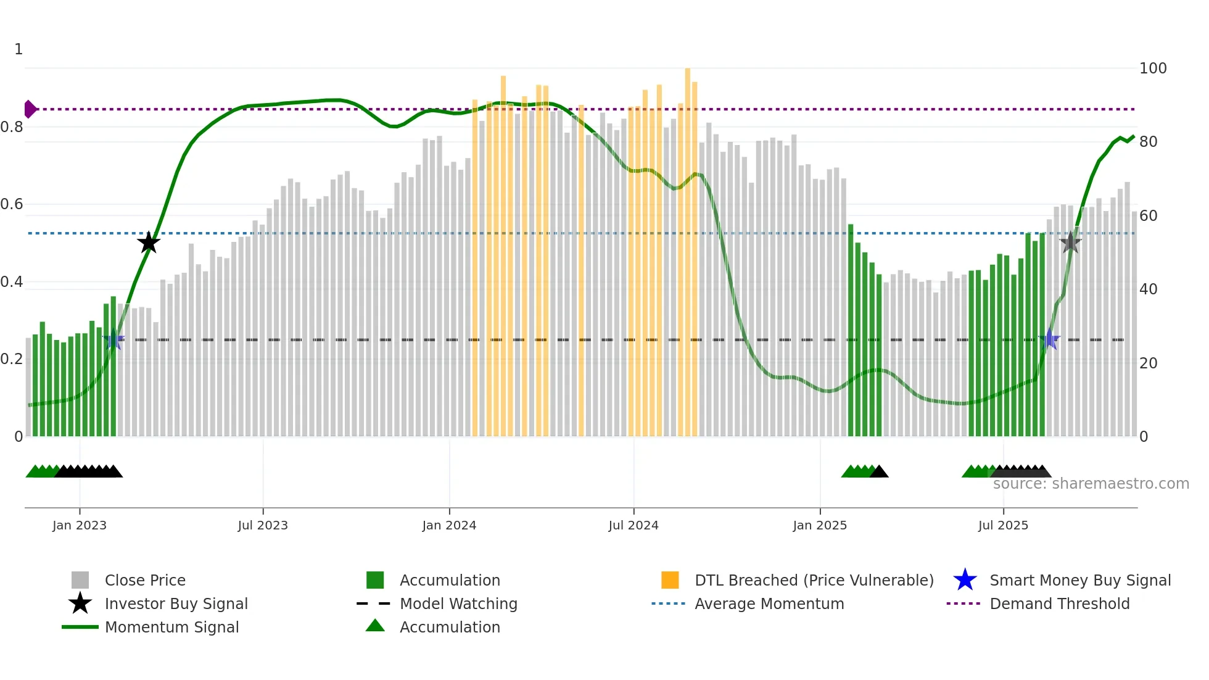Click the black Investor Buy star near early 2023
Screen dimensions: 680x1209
click(149, 243)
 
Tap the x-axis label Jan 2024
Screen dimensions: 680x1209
click(449, 525)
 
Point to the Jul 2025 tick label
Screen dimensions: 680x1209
click(1003, 525)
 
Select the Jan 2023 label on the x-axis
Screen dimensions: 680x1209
click(80, 525)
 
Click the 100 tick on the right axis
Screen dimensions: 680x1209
click(1152, 68)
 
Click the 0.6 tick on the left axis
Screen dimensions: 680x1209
click(12, 204)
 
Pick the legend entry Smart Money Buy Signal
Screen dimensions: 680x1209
click(1079, 580)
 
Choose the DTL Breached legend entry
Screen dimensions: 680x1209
click(814, 580)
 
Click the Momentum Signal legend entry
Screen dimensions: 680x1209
click(171, 627)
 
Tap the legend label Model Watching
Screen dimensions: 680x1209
click(458, 603)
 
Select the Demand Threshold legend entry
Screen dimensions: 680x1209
click(1059, 603)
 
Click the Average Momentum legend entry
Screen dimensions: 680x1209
click(769, 603)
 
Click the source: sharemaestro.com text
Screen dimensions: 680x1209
click(1091, 484)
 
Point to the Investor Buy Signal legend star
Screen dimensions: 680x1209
click(80, 603)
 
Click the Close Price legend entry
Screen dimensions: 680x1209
click(145, 580)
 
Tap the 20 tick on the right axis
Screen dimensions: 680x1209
click(1148, 363)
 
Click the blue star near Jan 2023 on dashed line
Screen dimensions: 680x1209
click(114, 340)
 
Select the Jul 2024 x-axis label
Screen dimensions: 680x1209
click(633, 525)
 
